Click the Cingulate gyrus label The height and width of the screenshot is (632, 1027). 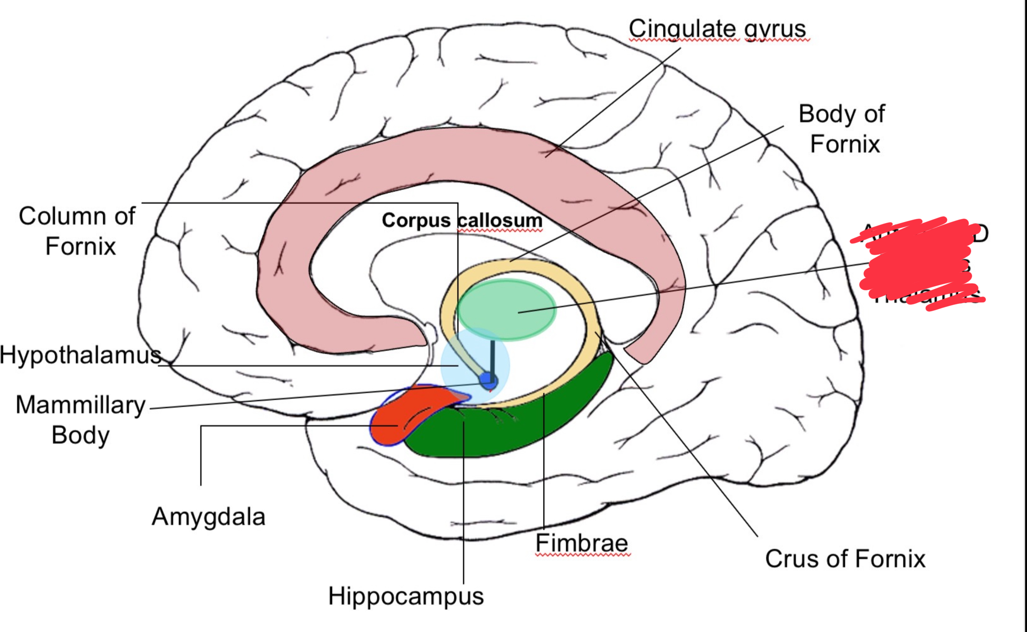pos(717,30)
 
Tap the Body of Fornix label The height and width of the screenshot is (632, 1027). pos(842,129)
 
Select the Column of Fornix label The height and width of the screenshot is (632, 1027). pos(77,231)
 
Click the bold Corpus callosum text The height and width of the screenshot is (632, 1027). pos(462,220)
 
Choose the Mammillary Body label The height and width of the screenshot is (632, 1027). pos(81,420)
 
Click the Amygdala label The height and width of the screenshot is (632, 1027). pos(208,517)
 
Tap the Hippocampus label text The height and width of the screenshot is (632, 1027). pos(406,596)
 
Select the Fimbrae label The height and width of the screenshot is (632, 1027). pos(581,543)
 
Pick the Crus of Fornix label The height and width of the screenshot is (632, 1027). pos(845,559)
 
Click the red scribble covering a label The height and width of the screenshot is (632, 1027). pos(918,263)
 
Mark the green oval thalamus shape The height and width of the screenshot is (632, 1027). pos(507,309)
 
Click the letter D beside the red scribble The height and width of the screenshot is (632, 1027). pos(980,234)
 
